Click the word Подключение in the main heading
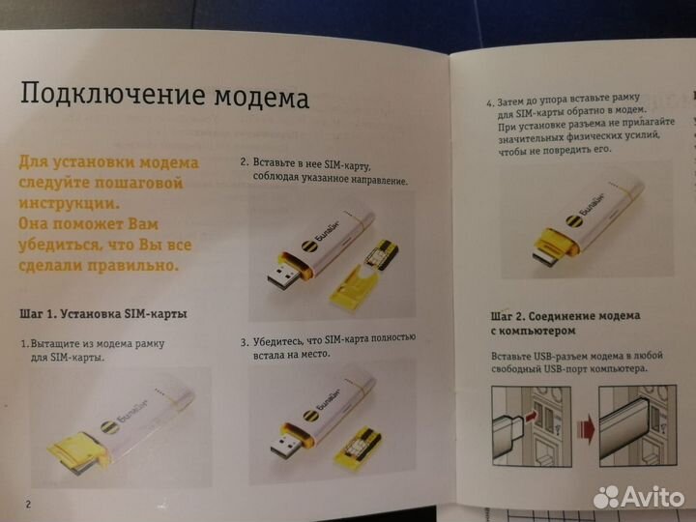(96, 97)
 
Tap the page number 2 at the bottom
(29, 503)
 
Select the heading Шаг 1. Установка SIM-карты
(102, 314)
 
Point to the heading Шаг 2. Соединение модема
(565, 316)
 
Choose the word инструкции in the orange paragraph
(71, 202)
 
